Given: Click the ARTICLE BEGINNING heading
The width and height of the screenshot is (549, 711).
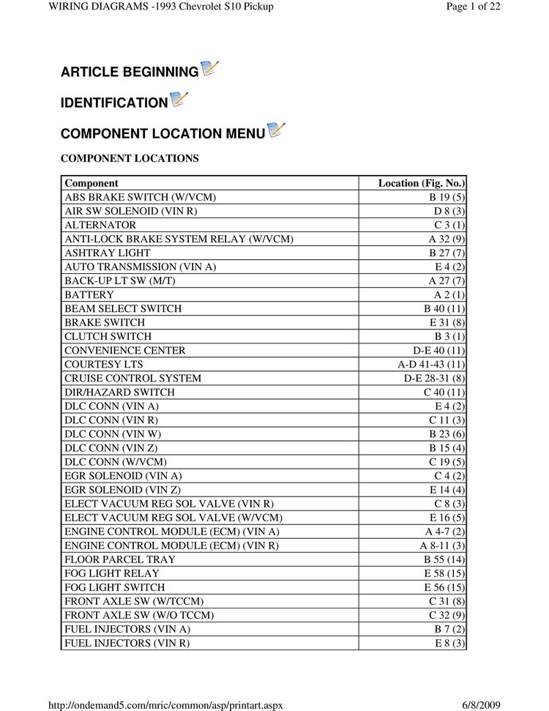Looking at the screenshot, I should point(130,72).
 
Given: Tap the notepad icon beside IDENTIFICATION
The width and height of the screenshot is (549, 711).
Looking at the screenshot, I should point(179,99).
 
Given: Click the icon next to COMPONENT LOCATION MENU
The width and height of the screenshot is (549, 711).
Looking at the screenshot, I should point(276,130).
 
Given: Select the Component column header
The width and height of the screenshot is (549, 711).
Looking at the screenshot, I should point(91,183).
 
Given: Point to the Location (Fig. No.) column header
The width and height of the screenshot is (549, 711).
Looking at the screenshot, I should point(421,183).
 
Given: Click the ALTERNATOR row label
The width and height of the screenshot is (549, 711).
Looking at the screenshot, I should point(100,225).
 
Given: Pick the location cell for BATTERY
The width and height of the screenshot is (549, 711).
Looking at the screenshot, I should point(447,294).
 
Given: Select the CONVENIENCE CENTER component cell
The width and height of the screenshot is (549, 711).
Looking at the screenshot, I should point(125,350).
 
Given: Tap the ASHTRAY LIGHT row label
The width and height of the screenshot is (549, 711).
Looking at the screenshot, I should point(108,253).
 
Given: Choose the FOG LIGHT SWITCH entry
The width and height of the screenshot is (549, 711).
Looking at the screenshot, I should point(114,587).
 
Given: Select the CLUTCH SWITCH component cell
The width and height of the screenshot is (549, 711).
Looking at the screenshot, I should point(108,336).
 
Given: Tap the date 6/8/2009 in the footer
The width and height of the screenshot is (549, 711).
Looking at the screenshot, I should point(481,704).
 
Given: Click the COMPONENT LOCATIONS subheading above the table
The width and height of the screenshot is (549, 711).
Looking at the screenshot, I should point(130,158).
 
